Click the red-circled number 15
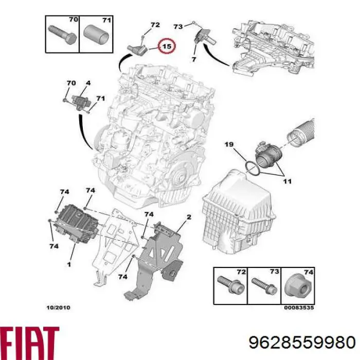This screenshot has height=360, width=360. pos(167,46)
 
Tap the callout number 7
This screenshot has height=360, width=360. pos(194,60)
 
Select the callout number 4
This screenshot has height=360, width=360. pos(88,83)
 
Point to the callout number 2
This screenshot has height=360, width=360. pos(189,218)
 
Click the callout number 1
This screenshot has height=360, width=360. pos(67,264)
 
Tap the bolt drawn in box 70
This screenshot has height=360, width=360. pos(62,35)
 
